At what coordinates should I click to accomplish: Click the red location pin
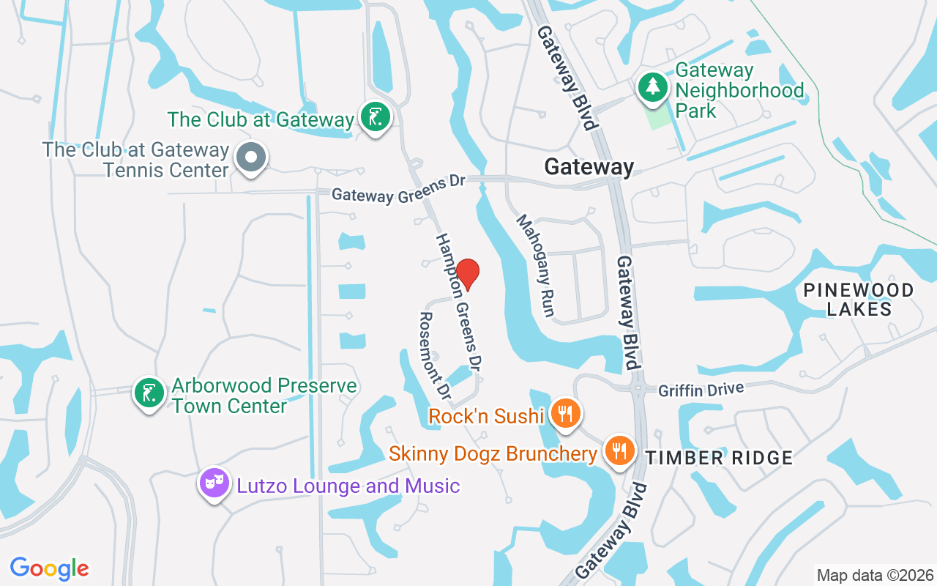tap(468, 273)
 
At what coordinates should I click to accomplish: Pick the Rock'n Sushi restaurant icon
tap(564, 415)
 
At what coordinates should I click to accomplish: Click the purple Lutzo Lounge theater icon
tap(214, 483)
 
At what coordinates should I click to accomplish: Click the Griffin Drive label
tap(701, 388)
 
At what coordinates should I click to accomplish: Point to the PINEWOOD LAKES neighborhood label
tap(859, 299)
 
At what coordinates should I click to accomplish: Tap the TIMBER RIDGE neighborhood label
tap(719, 458)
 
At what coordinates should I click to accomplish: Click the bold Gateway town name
tap(589, 167)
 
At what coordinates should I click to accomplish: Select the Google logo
tap(50, 568)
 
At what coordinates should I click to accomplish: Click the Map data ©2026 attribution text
tap(875, 575)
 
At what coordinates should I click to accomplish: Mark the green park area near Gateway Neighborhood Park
tap(659, 117)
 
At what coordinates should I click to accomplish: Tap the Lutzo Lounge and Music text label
tap(348, 485)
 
